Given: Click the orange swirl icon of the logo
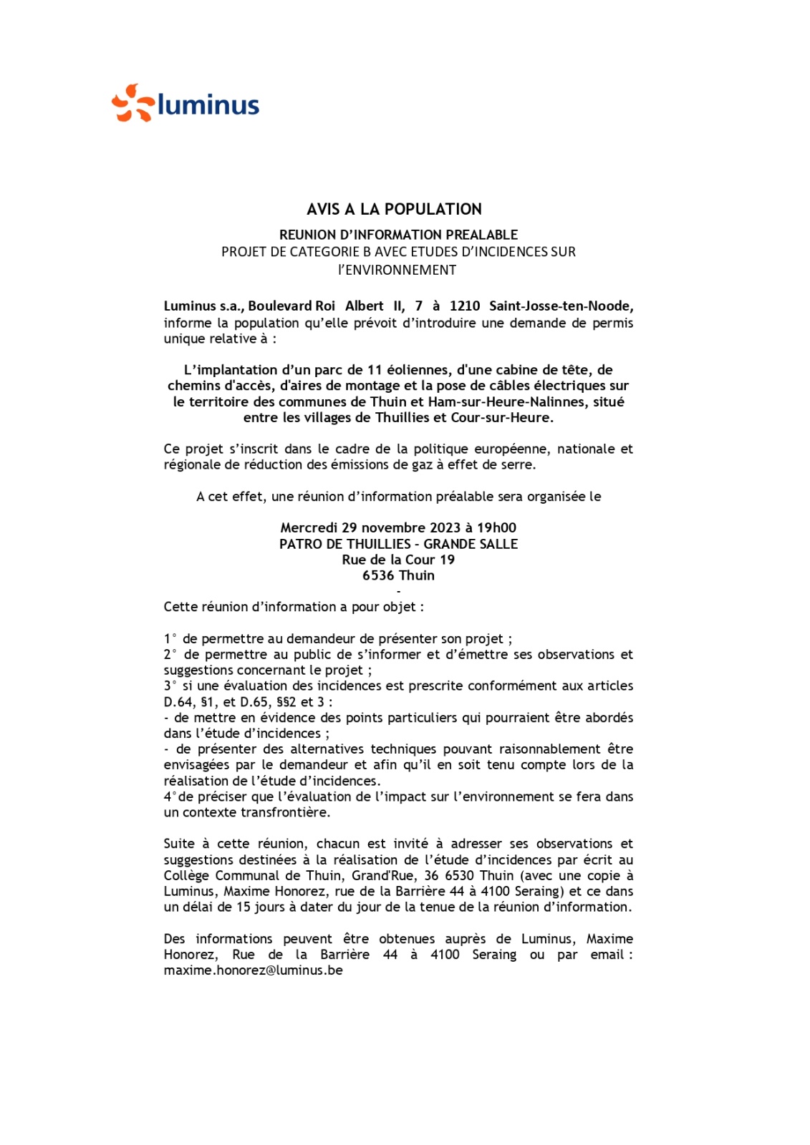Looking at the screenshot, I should click(x=132, y=103).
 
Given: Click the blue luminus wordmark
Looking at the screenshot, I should click(x=208, y=105).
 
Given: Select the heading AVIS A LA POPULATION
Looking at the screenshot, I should click(x=394, y=210).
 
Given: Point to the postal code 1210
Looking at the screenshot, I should click(x=465, y=306).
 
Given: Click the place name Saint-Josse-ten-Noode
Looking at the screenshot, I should click(x=561, y=306).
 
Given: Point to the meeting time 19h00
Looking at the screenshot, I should click(x=496, y=528).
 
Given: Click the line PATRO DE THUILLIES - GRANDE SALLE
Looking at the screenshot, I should click(x=398, y=544).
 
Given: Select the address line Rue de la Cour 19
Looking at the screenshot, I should click(x=398, y=560).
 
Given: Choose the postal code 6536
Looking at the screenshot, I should click(x=377, y=575).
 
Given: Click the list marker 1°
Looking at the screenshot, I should click(x=170, y=639).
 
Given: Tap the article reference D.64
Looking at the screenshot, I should click(x=178, y=702).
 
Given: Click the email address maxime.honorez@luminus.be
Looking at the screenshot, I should click(x=253, y=971).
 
